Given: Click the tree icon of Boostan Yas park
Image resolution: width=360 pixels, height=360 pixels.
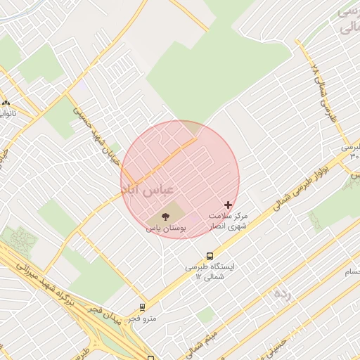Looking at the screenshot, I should click(165, 217).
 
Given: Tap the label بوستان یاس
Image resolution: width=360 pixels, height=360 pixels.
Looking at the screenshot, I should click(165, 229).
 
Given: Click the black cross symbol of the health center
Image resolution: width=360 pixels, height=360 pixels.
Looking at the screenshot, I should click(227, 205).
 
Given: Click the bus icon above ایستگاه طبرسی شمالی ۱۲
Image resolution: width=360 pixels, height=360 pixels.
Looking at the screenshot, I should click(210, 256).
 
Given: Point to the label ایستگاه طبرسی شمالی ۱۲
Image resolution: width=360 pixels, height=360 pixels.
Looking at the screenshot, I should click(213, 272).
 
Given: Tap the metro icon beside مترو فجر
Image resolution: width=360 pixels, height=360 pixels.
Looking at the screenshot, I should click(143, 307).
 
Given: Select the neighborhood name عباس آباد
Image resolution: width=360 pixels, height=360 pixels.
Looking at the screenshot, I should click(152, 190).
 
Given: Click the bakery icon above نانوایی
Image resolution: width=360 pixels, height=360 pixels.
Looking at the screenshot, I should click(6, 103).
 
